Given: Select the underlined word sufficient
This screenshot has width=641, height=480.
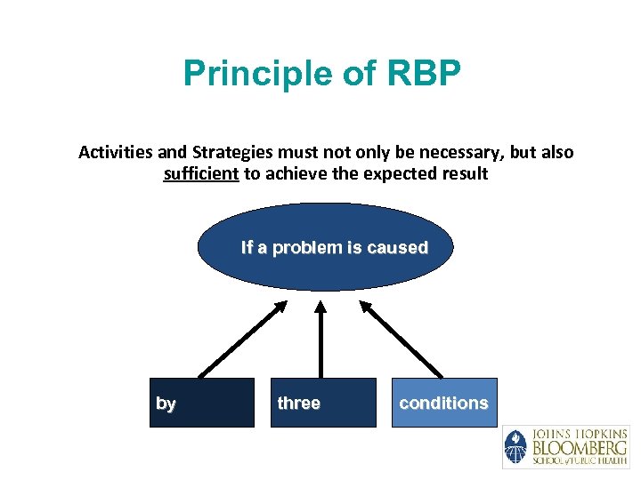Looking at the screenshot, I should click(201, 174).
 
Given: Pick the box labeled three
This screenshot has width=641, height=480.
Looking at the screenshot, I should click(322, 403).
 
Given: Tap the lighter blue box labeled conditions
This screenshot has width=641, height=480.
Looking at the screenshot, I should click(443, 403).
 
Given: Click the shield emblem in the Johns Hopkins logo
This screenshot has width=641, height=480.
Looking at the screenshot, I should click(515, 447).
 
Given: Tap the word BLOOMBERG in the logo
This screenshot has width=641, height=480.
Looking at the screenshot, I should click(579, 446).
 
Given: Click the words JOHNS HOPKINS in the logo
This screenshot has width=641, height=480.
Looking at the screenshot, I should click(579, 433).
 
